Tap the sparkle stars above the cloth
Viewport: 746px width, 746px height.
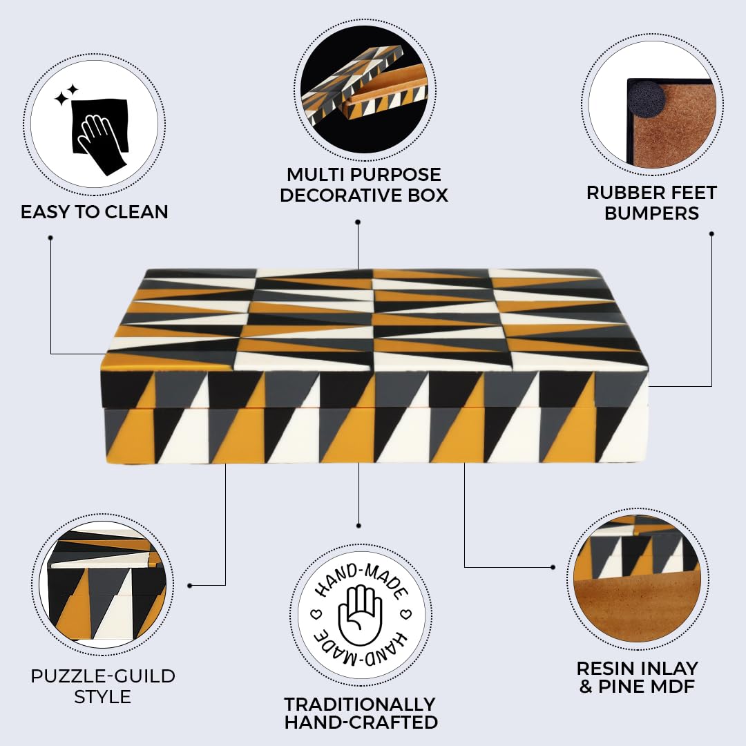pos(66,95)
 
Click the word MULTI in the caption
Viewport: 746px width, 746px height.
pos(315,175)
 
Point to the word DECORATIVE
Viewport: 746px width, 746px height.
pos(340,195)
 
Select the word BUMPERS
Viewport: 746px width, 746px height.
pos(652,213)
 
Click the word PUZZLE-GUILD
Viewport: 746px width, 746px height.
pos(103,676)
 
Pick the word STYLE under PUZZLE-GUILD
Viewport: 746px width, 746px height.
pos(103,697)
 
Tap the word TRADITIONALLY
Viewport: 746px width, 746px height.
pos(360,704)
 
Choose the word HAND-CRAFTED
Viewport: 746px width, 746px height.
pos(361,723)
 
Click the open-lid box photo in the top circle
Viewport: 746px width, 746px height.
pos(365,90)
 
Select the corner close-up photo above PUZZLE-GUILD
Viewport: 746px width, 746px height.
pos(103,585)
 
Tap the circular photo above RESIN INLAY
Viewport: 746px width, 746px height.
pos(638,579)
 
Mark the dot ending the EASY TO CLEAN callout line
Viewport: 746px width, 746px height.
pos(50,238)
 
